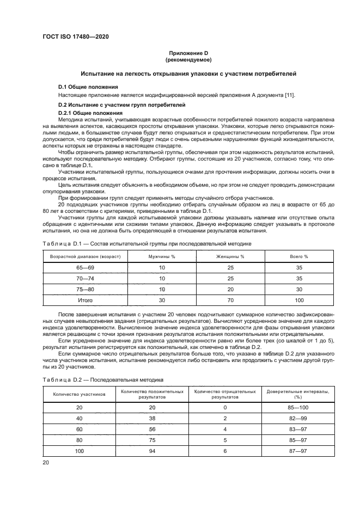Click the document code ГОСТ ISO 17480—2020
(x=76, y=36)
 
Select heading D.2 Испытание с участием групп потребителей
(x=121, y=105)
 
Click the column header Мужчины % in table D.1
(x=162, y=256)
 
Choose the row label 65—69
(x=86, y=267)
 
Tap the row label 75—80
(x=86, y=289)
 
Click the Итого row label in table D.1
(x=86, y=300)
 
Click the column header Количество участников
(x=78, y=394)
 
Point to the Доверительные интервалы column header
(x=298, y=394)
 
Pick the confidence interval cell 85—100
(x=298, y=407)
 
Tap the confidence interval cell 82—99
(x=298, y=418)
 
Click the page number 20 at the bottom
(x=46, y=462)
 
